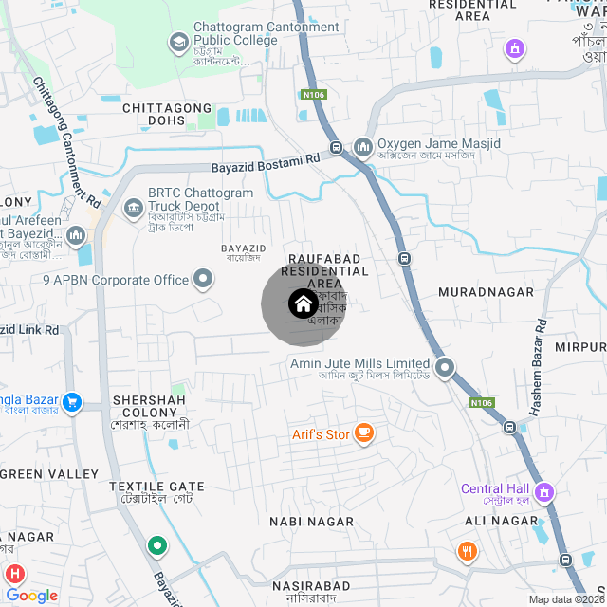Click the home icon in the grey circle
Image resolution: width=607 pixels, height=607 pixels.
point(303,303)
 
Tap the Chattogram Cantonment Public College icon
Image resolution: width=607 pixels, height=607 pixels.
point(178,42)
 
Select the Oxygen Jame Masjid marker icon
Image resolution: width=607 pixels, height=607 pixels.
point(362,148)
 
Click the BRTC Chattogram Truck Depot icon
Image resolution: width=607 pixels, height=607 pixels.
point(133,207)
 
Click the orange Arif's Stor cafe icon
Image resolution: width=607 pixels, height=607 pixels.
point(364,434)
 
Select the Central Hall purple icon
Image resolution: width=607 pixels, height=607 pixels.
point(544,491)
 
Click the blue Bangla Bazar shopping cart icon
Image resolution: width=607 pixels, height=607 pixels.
point(72,403)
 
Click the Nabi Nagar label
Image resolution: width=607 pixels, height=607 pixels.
point(311,522)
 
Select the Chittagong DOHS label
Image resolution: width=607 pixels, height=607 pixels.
point(167,114)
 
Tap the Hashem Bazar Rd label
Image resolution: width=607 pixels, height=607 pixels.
point(537,366)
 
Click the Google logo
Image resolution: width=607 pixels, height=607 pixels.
point(31,596)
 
